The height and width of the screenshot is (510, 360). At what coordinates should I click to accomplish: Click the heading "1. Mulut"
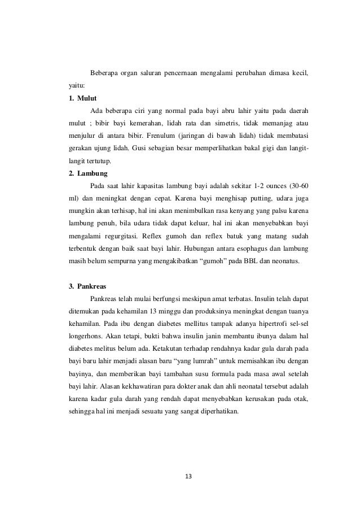click(81, 98)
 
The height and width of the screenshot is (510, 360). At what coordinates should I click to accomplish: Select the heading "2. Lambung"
click(86, 173)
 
